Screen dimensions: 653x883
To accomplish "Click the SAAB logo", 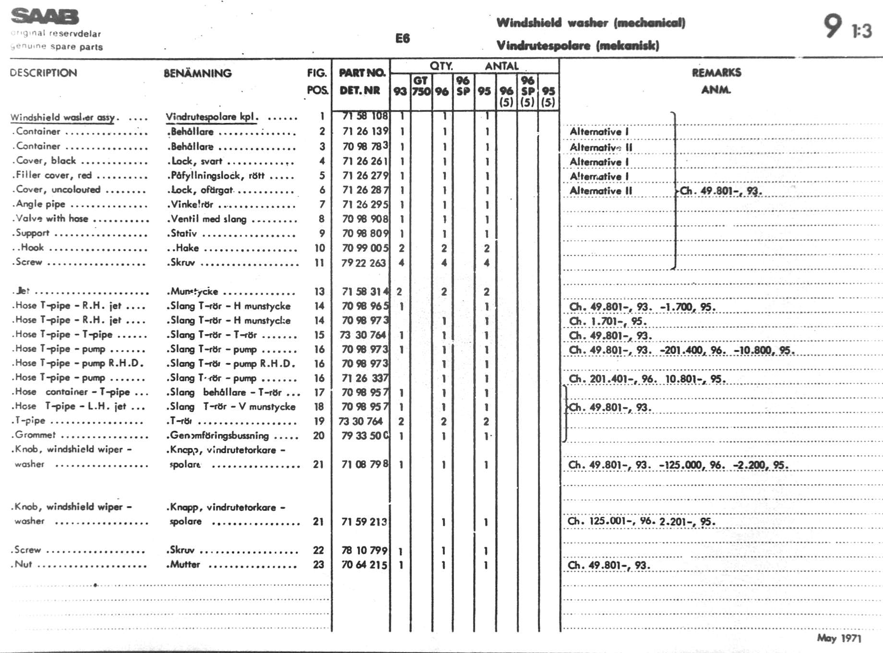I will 45,17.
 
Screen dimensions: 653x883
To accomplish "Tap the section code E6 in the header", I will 402,38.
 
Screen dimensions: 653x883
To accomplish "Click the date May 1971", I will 839,638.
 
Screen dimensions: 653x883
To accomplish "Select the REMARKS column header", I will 716,73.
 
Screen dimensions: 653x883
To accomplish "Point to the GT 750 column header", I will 421,86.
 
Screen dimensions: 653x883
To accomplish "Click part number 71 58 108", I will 365,116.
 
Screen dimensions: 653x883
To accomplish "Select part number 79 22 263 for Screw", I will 364,263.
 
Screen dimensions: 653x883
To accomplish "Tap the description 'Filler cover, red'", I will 54,175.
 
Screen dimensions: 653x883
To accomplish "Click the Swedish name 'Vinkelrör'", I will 192,205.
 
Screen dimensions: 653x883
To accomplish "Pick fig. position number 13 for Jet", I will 319,291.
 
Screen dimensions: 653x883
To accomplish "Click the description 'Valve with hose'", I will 52,218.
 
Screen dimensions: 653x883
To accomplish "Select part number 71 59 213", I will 364,521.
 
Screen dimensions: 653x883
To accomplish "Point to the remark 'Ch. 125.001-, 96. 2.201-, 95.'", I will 641,521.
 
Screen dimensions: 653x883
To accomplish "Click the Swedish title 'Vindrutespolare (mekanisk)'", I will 577,46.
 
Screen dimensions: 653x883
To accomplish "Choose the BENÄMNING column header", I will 197,73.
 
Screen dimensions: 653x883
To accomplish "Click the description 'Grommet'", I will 35,435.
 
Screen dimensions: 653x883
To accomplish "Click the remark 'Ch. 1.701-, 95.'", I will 608,321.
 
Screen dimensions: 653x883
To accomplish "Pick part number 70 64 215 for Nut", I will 364,565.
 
